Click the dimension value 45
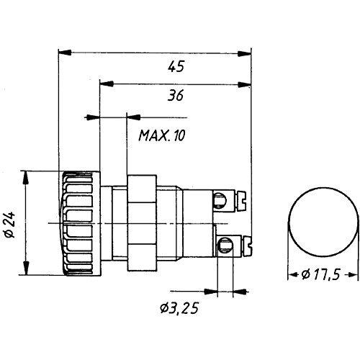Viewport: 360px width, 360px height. tap(176, 66)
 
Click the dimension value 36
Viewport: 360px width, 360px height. tap(176, 95)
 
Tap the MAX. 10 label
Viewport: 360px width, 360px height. tap(162, 135)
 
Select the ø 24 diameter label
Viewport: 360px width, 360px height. tap(10, 225)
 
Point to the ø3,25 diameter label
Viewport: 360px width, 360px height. tap(179, 308)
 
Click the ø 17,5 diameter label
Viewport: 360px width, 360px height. tap(320, 274)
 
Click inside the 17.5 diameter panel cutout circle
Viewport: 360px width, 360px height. tap(323, 222)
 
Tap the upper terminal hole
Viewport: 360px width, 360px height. tap(220, 200)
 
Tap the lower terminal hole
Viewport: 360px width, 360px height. tap(225, 246)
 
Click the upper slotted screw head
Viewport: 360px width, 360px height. tap(242, 201)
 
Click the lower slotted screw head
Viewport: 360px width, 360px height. tap(248, 246)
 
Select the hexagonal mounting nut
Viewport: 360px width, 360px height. tap(142, 223)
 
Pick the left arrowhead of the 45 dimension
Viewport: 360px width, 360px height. tap(65, 53)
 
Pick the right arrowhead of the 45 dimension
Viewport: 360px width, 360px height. tap(244, 53)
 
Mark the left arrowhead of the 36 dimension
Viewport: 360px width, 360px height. tap(107, 84)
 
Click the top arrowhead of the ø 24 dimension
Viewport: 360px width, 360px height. tap(26, 178)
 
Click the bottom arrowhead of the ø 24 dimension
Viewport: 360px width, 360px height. tap(26, 268)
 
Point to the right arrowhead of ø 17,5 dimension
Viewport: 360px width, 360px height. tap(353, 274)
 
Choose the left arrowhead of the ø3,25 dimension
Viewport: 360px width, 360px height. tap(210, 292)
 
